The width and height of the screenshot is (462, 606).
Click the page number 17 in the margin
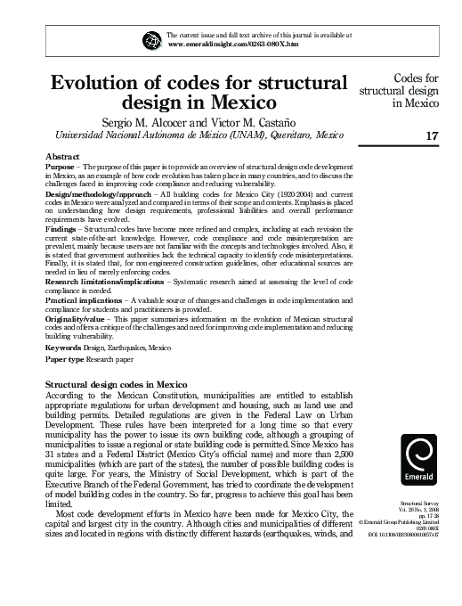tap(433, 136)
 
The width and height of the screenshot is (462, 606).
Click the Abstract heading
tap(61, 156)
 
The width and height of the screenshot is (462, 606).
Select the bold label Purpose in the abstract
tap(60, 167)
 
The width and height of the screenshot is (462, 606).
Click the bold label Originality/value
tap(76, 316)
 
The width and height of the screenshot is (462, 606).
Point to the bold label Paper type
tap(65, 359)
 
